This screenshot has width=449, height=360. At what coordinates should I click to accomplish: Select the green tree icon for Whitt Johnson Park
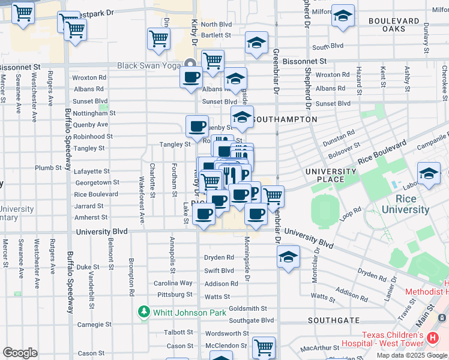pos(144,312)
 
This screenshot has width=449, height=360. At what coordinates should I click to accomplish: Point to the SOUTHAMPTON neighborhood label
pos(284,119)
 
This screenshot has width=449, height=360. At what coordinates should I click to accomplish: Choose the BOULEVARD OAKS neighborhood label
pos(394,25)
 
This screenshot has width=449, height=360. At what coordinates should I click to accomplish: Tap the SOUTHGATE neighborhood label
pos(334,321)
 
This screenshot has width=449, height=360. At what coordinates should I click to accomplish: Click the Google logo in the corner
pos(20,353)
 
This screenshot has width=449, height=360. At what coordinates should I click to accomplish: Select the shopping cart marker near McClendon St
pos(264,347)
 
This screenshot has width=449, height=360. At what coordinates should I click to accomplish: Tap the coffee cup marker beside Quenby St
pos(197,126)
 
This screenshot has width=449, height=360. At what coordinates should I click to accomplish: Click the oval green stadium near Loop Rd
pos(325,211)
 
